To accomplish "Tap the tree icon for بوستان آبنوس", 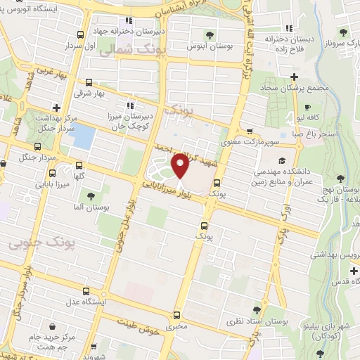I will [x=209, y=34].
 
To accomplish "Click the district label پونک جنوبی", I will [x=34, y=244].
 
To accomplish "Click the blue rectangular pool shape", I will [x=84, y=136].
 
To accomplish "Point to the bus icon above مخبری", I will [x=175, y=316].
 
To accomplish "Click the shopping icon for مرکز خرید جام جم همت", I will [x=54, y=326].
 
